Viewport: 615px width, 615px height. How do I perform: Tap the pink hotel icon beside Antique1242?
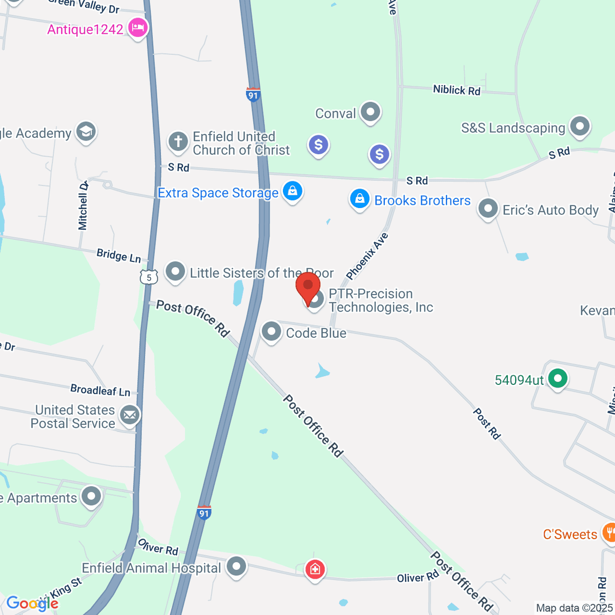click(x=137, y=27)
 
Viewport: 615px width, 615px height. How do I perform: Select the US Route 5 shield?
click(x=149, y=277)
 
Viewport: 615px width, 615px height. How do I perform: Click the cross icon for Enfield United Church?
click(x=178, y=141)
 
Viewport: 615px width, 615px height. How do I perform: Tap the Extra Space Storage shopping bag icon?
click(x=292, y=192)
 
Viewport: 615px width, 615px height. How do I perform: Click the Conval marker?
click(x=370, y=111)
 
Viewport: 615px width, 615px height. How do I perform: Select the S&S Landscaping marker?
click(x=580, y=126)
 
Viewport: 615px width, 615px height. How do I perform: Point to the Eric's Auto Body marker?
click(x=488, y=209)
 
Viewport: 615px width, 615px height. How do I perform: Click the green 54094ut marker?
click(x=558, y=379)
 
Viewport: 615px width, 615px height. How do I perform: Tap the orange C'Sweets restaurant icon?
click(x=609, y=533)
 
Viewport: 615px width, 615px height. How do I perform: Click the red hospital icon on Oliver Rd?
click(x=315, y=569)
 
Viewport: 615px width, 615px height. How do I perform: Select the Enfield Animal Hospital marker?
click(x=236, y=567)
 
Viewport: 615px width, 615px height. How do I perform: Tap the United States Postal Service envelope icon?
click(x=129, y=415)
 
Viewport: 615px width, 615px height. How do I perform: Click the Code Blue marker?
click(x=271, y=332)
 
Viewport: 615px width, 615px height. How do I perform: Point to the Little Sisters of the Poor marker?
click(x=175, y=271)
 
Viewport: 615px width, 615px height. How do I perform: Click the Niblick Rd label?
click(x=457, y=90)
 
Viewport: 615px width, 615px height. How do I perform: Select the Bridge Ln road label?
click(x=119, y=255)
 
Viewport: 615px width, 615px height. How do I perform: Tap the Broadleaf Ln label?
click(x=100, y=391)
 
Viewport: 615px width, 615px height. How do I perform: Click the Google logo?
click(x=32, y=604)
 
